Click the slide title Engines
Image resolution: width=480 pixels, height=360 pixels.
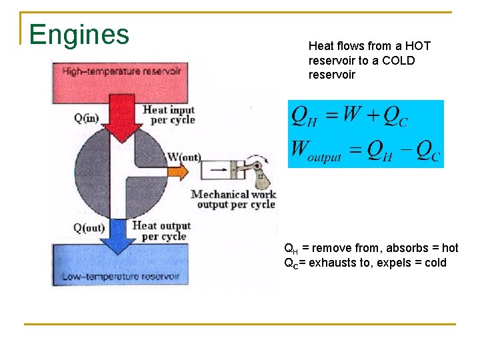(79, 34)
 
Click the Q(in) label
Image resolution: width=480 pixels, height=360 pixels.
(87, 119)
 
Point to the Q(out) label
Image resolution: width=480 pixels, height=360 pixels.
(89, 228)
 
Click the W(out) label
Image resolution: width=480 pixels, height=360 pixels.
(185, 157)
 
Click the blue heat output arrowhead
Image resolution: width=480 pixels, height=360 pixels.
(121, 246)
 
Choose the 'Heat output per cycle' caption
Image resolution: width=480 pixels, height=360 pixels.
(161, 231)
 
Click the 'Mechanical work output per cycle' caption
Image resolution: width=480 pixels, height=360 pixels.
(233, 199)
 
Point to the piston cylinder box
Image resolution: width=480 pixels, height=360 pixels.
(221, 172)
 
